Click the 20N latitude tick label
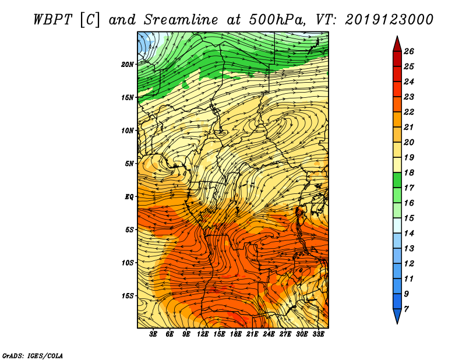pos(128,64)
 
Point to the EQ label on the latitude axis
pos(129,196)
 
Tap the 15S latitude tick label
pos(128,296)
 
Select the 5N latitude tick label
pos(129,164)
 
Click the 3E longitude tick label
pos(153,334)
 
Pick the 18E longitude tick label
pos(235,334)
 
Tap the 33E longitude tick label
pos(318,334)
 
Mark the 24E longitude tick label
pos(269,334)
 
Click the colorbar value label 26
pos(409,51)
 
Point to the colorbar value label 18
pos(409,172)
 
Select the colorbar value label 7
pos(406,309)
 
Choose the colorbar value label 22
pos(409,112)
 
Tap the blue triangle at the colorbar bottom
pos(397,316)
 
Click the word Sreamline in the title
pos(181,20)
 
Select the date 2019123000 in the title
pos(389,20)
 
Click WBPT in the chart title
pos(52,20)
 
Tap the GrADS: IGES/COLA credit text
pos(33,355)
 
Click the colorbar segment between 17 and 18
pos(397,180)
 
